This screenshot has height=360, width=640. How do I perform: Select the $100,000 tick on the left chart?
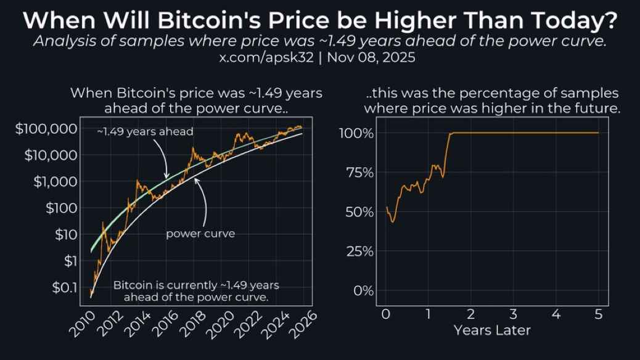tap(47, 129)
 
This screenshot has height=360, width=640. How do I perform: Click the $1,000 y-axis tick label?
tap(54, 181)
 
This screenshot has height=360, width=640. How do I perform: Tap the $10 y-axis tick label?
tap(64, 234)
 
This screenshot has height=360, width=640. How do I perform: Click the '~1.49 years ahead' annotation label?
tap(145, 131)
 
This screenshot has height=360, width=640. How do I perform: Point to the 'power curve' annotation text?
tap(200, 234)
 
